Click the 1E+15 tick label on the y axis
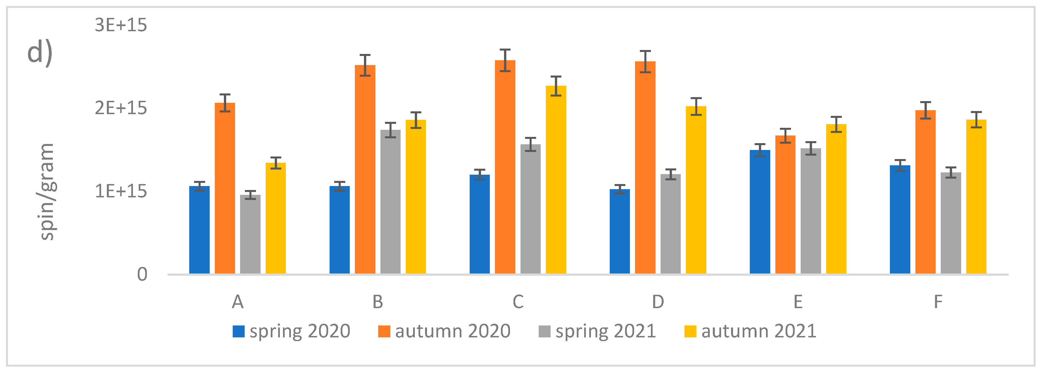[121, 191]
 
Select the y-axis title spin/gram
[47, 192]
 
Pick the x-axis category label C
[518, 302]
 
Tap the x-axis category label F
[938, 302]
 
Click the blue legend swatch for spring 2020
[238, 331]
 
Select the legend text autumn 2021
[758, 331]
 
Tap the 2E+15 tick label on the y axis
[121, 108]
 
